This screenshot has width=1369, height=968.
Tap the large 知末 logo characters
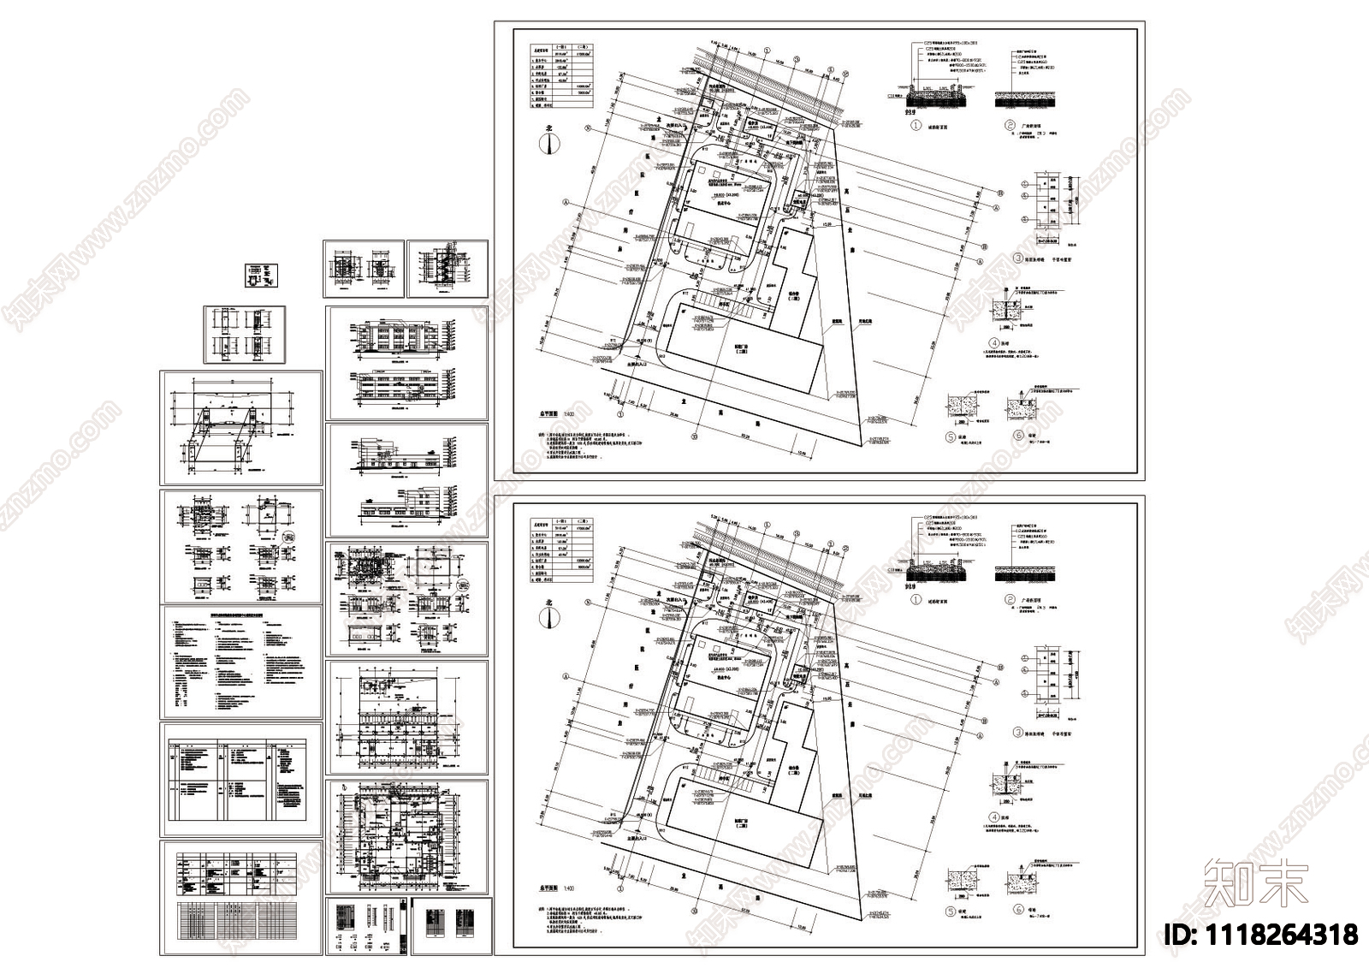click(1255, 883)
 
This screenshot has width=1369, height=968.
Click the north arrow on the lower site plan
click(548, 615)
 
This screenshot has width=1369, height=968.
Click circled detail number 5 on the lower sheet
click(950, 911)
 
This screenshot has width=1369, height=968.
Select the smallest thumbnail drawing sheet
click(261, 276)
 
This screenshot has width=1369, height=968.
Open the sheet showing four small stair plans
click(244, 335)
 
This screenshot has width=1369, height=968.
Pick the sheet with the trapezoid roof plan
click(240, 427)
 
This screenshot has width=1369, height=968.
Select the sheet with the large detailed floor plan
click(406, 835)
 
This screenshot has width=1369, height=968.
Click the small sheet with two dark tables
click(451, 925)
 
